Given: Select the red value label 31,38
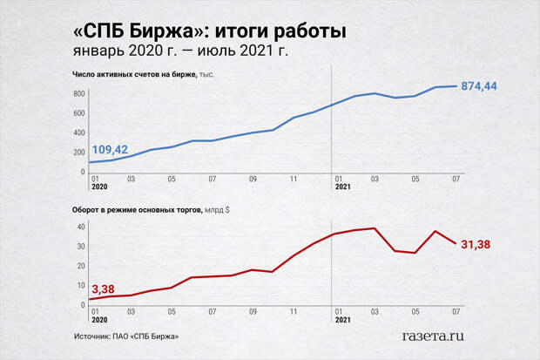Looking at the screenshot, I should point(475,245).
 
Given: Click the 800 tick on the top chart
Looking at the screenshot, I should point(78,93).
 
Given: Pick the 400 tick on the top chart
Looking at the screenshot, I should point(78,132).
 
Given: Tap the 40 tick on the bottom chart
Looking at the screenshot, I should point(80,227).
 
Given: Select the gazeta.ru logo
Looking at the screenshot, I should point(432,334).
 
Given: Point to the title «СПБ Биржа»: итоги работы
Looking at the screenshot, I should point(210,31).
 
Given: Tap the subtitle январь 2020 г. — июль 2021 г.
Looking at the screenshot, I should point(180,51).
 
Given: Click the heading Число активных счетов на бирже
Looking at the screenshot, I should point(134,75).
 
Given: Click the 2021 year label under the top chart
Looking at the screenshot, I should point(342,188).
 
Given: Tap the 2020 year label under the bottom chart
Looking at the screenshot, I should point(99,321).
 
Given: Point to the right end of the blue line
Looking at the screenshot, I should point(456,85).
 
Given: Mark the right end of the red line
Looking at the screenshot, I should point(456,243).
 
